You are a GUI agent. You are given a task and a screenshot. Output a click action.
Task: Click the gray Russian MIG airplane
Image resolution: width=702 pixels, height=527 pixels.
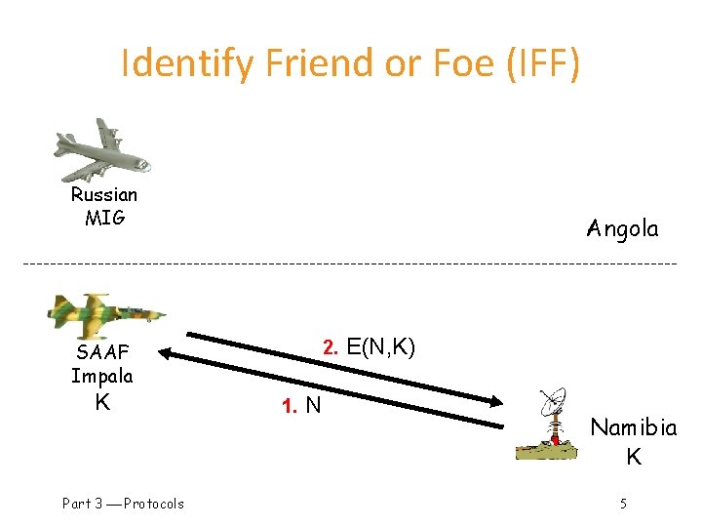point(102,148)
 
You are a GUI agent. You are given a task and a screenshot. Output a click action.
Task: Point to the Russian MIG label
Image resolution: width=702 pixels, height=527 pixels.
point(104,206)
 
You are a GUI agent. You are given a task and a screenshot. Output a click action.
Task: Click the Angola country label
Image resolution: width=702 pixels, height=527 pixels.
point(623,229)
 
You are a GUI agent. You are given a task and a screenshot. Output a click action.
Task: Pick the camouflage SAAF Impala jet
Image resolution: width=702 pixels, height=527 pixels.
point(105,315)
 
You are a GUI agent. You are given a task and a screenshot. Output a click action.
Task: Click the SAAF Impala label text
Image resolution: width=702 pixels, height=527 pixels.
point(101,363)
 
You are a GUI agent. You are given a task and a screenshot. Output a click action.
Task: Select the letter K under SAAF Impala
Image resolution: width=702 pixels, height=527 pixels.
point(101,401)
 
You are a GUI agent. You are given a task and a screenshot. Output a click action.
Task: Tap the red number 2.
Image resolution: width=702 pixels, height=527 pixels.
point(331,347)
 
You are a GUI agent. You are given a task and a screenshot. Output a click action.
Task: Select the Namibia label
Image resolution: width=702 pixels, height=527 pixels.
point(633,427)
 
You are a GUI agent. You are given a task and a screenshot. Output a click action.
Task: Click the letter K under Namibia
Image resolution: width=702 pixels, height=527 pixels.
point(633,457)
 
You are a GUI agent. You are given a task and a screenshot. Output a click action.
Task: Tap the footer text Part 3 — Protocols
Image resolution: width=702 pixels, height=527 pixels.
point(123,504)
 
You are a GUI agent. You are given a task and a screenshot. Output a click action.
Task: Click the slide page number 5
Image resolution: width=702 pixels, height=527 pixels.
point(623,504)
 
